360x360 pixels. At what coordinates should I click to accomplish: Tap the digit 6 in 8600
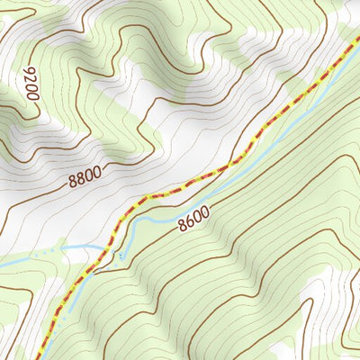click(x=189, y=220)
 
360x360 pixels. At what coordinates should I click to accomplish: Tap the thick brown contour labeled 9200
click(x=22, y=117)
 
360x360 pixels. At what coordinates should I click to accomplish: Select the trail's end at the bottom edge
click(x=38, y=358)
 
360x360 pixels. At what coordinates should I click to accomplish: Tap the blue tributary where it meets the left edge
click(x=2, y=262)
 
